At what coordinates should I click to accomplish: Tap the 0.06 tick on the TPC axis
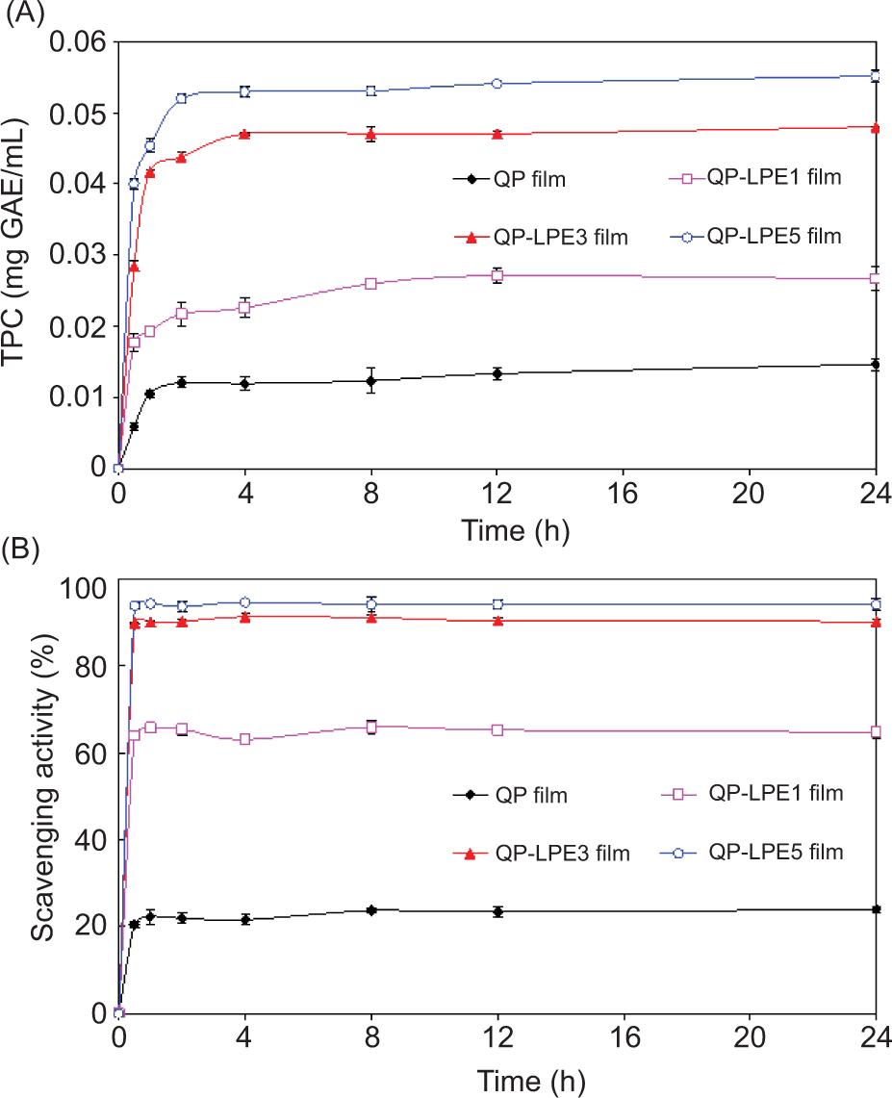point(84,43)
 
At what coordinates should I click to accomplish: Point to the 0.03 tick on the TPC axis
point(84,256)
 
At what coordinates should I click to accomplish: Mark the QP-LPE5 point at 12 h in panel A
point(497,84)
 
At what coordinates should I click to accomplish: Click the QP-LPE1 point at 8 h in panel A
point(370,284)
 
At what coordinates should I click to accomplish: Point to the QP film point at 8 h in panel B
point(370,910)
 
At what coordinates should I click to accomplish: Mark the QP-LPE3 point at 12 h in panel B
point(497,621)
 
